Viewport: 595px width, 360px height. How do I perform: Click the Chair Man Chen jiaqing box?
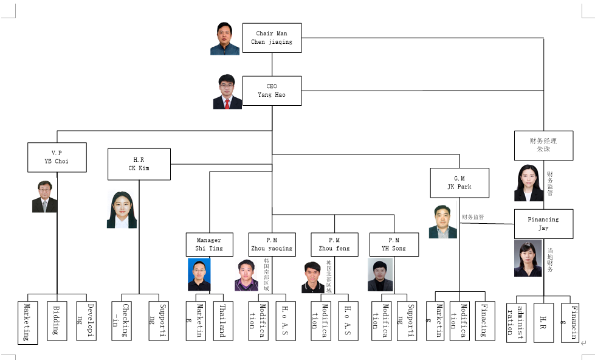click(x=272, y=38)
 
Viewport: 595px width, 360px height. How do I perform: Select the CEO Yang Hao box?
click(x=272, y=91)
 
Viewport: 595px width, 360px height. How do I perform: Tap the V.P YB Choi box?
click(x=57, y=157)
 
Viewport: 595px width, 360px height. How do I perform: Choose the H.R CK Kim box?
click(x=139, y=164)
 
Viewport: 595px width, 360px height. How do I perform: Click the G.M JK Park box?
click(x=459, y=182)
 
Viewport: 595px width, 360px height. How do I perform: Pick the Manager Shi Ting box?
click(x=209, y=244)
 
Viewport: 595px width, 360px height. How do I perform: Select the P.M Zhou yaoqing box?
click(x=272, y=244)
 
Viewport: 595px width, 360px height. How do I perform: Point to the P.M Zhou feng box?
click(x=334, y=244)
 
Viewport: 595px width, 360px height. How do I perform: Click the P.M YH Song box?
click(x=394, y=244)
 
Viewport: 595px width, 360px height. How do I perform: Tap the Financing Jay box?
click(x=543, y=224)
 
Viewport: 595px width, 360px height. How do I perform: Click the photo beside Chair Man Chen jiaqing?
click(x=225, y=39)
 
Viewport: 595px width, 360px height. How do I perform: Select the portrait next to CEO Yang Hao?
click(x=227, y=92)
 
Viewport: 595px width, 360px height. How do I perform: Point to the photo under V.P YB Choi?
click(x=44, y=196)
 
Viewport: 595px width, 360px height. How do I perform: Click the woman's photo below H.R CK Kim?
click(x=122, y=210)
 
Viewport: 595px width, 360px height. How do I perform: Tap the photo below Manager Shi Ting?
click(x=199, y=274)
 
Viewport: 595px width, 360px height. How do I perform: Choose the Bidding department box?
click(x=57, y=320)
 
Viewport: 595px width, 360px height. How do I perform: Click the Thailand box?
click(x=223, y=320)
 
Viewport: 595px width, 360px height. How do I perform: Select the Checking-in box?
click(x=122, y=320)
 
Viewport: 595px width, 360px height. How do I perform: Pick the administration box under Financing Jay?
click(x=516, y=322)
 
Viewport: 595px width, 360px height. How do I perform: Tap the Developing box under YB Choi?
click(x=86, y=320)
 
